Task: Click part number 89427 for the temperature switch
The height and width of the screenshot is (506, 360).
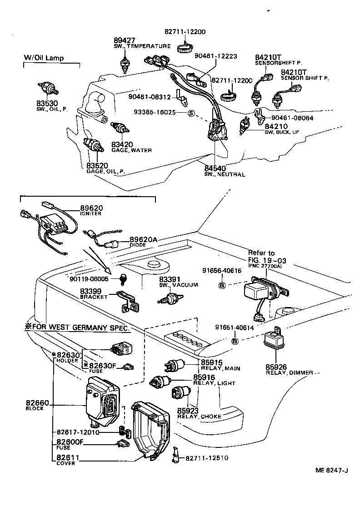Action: point(125,40)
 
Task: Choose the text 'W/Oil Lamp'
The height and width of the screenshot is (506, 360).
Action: point(44,58)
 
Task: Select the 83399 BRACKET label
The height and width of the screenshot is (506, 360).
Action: point(94,293)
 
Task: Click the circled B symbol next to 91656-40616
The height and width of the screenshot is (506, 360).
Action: point(222,285)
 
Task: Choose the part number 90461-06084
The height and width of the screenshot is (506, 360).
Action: point(295,118)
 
